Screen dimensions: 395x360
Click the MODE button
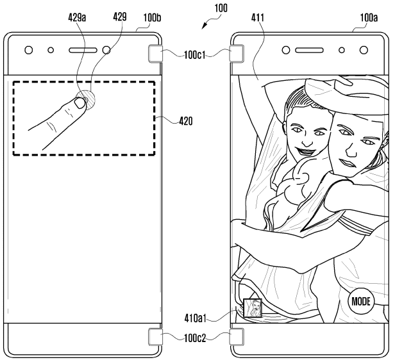tap(361, 301)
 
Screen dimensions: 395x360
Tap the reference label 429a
tap(77, 17)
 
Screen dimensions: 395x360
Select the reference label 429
tap(120, 17)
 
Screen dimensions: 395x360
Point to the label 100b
tap(152, 18)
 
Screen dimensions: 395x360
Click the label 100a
tap(369, 18)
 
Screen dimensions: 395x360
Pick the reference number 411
tap(258, 18)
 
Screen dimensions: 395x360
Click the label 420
tap(186, 121)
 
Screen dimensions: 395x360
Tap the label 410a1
tap(195, 318)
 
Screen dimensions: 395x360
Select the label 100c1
tap(195, 55)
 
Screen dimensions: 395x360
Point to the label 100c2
tap(195, 338)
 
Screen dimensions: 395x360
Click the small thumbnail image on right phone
tap(253, 307)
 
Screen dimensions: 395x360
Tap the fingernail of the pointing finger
tap(80, 103)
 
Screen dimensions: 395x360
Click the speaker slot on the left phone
tap(83, 51)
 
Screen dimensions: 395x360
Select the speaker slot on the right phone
tap(309, 51)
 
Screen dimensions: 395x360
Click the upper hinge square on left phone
tap(155, 53)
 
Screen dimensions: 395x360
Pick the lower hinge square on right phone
tap(237, 336)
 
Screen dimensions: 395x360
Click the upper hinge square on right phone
tap(237, 53)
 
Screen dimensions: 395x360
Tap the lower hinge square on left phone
tap(155, 336)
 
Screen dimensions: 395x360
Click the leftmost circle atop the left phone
tap(29, 50)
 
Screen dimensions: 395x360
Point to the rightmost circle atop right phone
tap(364, 50)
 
